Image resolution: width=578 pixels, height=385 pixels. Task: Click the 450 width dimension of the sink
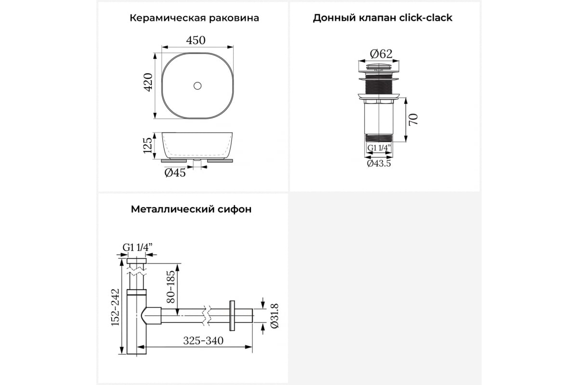click(196, 40)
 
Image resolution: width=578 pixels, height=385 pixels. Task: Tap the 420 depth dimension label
click(148, 82)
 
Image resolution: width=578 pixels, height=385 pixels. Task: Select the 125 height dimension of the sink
click(148, 145)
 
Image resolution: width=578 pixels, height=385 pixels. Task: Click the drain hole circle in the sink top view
click(197, 86)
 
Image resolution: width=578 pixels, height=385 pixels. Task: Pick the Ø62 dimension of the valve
click(381, 53)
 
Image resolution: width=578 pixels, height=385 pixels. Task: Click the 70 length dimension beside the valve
click(414, 119)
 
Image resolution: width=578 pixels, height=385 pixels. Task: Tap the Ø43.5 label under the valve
click(379, 164)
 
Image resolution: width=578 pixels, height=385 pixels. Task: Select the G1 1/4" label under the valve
click(379, 148)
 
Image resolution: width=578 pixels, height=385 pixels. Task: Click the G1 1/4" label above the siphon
click(137, 247)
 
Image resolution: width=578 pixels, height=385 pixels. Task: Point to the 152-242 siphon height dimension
click(115, 307)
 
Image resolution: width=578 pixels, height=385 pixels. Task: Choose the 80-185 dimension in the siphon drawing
click(171, 287)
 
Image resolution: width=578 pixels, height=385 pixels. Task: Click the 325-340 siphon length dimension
click(203, 341)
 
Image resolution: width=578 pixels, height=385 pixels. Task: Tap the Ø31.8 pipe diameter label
click(275, 316)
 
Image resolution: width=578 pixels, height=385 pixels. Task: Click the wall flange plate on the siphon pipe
click(232, 316)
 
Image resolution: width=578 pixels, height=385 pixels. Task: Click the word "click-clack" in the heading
click(426, 18)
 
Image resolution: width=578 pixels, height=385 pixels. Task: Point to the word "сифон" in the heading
click(235, 209)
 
